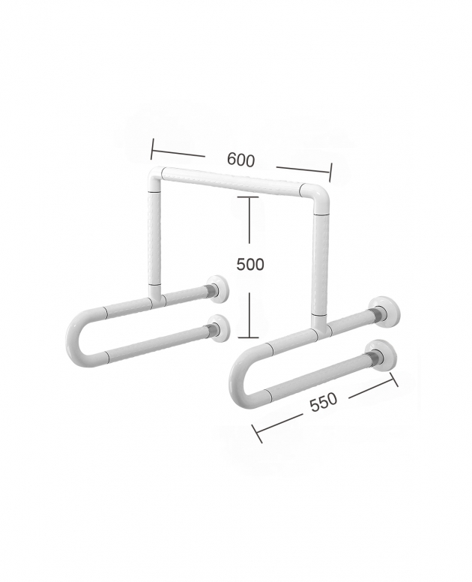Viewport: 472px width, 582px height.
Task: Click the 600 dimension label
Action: pyautogui.click(x=241, y=160)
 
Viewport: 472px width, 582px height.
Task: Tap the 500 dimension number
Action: pyautogui.click(x=250, y=264)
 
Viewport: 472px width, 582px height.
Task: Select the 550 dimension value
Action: pyautogui.click(x=324, y=401)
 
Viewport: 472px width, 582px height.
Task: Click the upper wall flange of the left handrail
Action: pyautogui.click(x=218, y=289)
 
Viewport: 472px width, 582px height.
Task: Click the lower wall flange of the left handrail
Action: pyautogui.click(x=220, y=328)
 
